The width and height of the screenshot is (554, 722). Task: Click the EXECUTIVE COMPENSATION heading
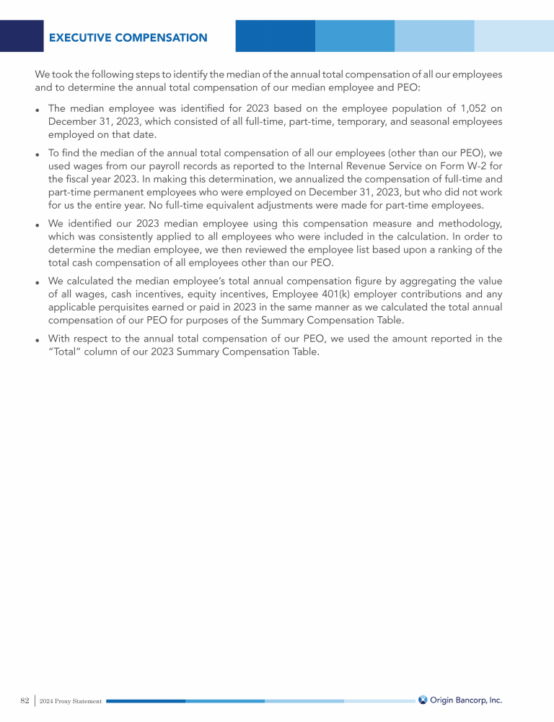point(128,38)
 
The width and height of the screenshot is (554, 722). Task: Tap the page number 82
point(25,700)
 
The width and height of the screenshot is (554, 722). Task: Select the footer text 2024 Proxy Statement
point(71,701)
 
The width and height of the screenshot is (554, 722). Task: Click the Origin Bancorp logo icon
point(423,700)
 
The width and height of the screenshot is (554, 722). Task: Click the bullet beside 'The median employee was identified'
point(38,110)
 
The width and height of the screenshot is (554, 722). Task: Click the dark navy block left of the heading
point(22,35)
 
